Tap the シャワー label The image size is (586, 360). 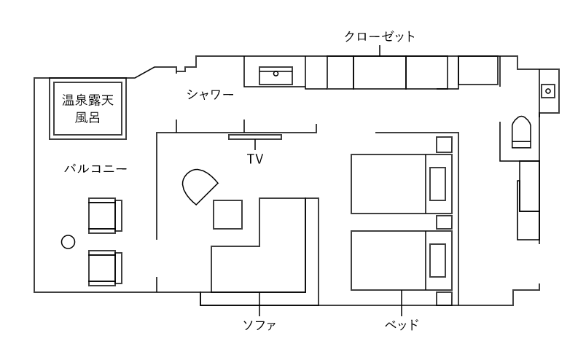click(x=210, y=94)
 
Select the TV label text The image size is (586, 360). click(x=254, y=158)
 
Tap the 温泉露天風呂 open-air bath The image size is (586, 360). click(x=87, y=108)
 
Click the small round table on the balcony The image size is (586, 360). click(x=69, y=241)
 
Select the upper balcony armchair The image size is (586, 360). click(x=104, y=215)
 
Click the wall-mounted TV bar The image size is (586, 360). click(x=254, y=137)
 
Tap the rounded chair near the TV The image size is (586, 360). click(x=198, y=186)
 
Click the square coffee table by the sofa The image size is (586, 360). click(x=227, y=214)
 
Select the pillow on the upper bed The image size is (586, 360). click(x=437, y=184)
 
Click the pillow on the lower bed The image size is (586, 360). click(x=437, y=260)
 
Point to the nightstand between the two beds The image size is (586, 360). click(x=444, y=222)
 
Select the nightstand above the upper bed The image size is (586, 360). click(x=444, y=144)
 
